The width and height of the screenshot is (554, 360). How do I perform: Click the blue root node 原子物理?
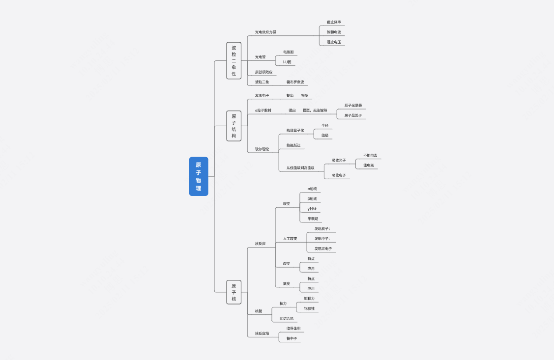click(x=199, y=176)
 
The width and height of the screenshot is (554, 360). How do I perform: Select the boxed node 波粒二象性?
click(x=234, y=61)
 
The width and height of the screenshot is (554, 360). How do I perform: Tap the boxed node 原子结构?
click(x=234, y=126)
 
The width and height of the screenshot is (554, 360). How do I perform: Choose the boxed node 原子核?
click(x=234, y=292)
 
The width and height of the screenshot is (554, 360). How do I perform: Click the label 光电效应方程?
click(x=265, y=32)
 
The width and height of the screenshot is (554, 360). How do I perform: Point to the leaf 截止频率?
click(x=334, y=22)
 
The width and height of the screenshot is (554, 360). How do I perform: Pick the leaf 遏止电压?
click(x=334, y=42)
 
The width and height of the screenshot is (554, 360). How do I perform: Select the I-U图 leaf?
click(x=287, y=62)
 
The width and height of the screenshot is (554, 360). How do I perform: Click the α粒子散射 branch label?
click(x=263, y=111)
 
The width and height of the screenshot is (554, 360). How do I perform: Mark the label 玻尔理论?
click(x=262, y=149)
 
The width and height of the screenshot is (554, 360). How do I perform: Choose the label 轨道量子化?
click(x=295, y=131)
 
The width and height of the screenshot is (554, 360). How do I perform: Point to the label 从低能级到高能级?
click(x=300, y=168)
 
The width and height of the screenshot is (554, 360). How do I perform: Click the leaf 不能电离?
click(x=370, y=155)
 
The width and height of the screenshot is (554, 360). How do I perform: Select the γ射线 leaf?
click(x=312, y=209)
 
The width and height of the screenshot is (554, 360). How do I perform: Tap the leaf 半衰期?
click(x=313, y=219)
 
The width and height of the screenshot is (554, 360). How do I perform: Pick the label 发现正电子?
click(x=323, y=249)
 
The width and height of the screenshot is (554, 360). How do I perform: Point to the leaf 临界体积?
click(x=293, y=328)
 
